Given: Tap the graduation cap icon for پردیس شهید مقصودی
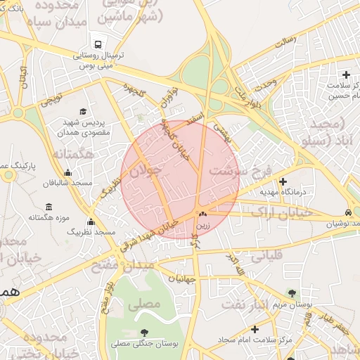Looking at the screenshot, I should (x=84, y=112).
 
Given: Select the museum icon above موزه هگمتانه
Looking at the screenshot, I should (x=48, y=207).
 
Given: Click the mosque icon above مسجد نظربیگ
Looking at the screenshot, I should (x=91, y=222).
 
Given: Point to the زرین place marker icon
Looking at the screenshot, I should (x=202, y=214).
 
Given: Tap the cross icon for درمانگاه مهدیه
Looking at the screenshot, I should (x=283, y=181).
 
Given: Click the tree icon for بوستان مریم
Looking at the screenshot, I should (x=292, y=293).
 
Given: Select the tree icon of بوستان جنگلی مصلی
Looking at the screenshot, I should (x=144, y=333).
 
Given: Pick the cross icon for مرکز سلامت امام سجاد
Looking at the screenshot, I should (x=255, y=329).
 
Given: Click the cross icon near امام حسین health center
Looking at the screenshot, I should (x=345, y=75).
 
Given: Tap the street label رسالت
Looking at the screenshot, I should (x=285, y=41).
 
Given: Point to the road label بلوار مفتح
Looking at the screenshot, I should (x=107, y=299).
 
